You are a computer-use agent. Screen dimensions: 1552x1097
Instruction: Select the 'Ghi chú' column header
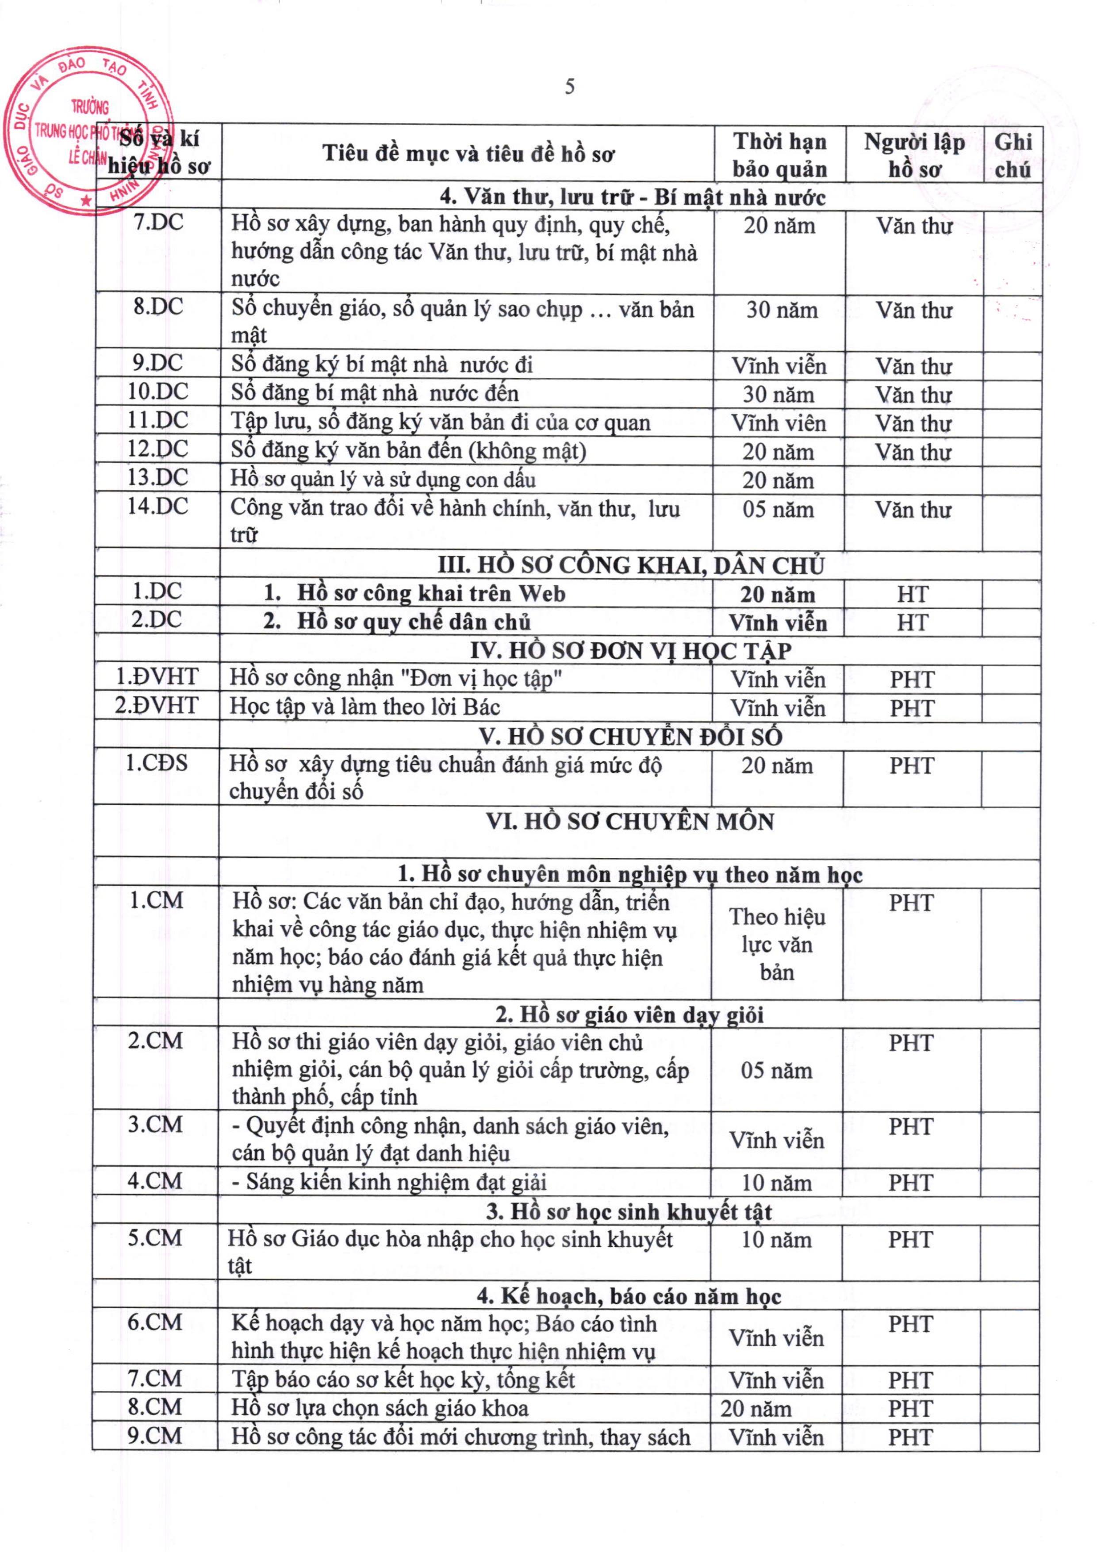(x=1013, y=155)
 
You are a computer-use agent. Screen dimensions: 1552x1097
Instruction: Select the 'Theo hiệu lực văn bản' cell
(x=777, y=944)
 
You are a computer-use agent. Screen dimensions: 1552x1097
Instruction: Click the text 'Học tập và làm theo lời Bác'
(x=365, y=707)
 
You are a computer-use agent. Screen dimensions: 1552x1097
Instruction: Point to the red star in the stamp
(x=85, y=201)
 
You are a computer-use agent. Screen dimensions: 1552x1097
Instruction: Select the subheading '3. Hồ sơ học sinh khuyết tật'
(x=629, y=1211)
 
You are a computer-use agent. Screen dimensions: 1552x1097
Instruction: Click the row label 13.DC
(x=157, y=478)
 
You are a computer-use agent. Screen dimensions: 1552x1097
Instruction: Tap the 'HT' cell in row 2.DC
(x=913, y=622)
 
